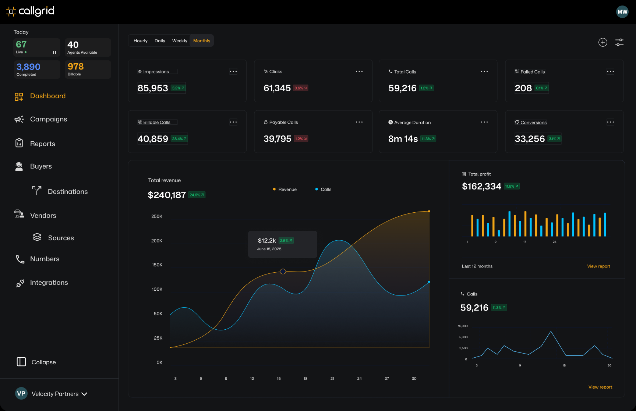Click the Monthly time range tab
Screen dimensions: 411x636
click(202, 41)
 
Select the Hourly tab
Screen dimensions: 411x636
click(140, 41)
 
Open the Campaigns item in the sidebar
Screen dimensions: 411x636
click(48, 119)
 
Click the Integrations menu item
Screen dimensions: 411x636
click(49, 283)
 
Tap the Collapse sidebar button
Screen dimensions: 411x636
click(36, 362)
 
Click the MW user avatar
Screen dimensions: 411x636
click(622, 12)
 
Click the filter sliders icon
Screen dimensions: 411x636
click(619, 42)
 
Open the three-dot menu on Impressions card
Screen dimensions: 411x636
click(233, 71)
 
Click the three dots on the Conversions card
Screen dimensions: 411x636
click(610, 122)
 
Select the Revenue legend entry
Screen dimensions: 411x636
click(285, 189)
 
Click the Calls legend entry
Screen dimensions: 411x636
click(324, 189)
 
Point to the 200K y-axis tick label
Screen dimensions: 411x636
click(157, 241)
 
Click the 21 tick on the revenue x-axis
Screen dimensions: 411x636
click(332, 378)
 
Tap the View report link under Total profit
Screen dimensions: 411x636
click(598, 266)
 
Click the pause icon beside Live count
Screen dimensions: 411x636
click(54, 53)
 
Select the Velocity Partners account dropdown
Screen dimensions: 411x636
click(52, 394)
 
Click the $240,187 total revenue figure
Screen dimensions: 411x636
click(167, 195)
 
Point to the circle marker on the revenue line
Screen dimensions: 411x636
click(283, 272)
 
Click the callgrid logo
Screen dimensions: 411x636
click(31, 11)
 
